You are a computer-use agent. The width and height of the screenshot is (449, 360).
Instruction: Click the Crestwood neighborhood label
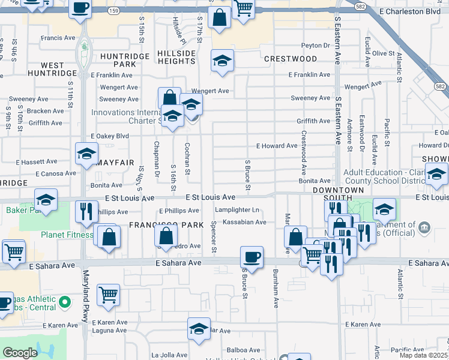click(291, 59)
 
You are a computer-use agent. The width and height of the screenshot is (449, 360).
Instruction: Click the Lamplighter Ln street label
click(238, 210)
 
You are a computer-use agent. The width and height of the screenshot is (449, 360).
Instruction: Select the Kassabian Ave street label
click(244, 223)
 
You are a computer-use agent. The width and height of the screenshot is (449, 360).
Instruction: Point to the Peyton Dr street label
click(316, 46)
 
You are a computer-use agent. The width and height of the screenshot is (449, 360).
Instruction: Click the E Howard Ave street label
click(277, 146)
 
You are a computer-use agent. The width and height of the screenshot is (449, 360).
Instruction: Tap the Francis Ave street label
click(58, 38)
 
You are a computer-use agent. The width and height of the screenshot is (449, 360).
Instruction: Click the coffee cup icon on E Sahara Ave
click(252, 257)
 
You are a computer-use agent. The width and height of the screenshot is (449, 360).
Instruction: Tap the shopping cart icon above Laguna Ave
click(108, 295)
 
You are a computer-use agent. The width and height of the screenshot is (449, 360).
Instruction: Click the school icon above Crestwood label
click(222, 61)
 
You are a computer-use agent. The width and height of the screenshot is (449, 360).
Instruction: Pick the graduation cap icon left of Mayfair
click(86, 154)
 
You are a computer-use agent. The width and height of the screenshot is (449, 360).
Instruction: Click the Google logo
click(20, 353)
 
